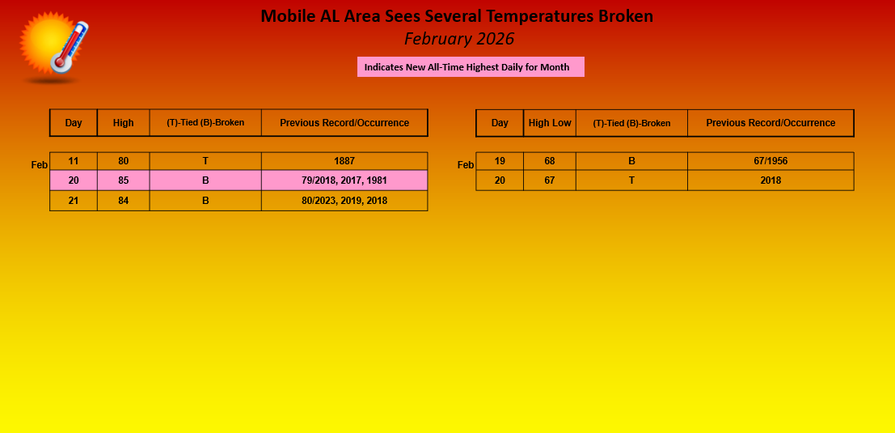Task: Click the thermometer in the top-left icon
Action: tap(70, 48)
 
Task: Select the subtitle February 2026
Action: tap(459, 39)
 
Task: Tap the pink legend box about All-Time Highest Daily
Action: tap(471, 67)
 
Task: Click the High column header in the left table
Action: tap(123, 123)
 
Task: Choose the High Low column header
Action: tap(550, 123)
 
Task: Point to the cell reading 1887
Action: tap(344, 161)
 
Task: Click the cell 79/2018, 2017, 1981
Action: tap(344, 180)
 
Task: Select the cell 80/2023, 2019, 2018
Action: tap(344, 201)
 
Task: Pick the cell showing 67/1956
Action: tap(770, 161)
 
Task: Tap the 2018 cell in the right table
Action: tap(770, 180)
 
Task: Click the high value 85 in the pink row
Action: tap(123, 180)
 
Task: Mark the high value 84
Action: tap(123, 201)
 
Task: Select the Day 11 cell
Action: tap(74, 161)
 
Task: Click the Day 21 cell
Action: tap(74, 201)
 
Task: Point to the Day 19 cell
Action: tap(500, 161)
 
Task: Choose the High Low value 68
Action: tap(550, 161)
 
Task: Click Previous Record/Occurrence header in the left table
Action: tap(344, 123)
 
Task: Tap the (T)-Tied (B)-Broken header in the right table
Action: tap(632, 123)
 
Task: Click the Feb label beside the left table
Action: tap(40, 165)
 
